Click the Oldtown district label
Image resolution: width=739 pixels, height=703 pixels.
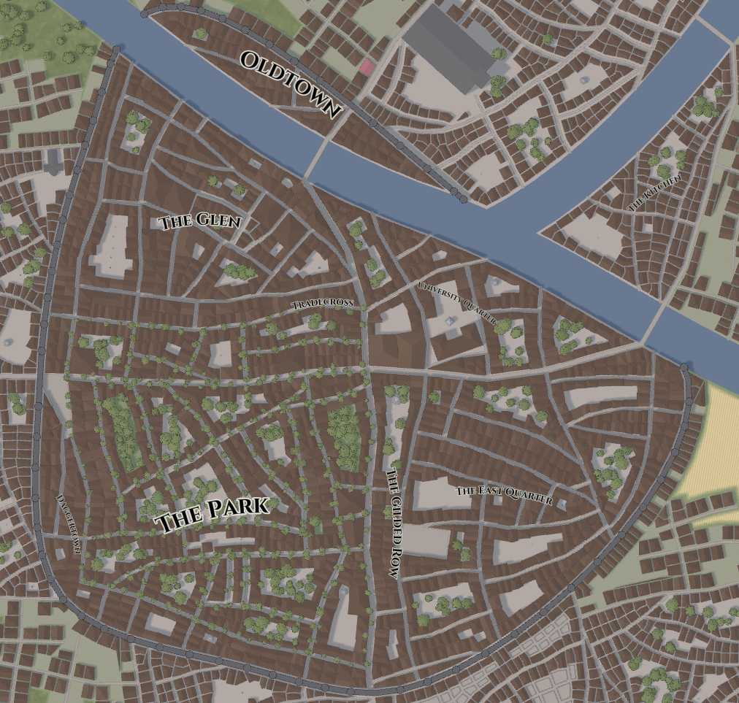(x=291, y=85)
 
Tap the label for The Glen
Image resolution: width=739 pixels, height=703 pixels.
(x=199, y=221)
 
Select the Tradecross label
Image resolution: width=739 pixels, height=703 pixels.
(x=322, y=304)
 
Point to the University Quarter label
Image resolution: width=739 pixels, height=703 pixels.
(x=456, y=303)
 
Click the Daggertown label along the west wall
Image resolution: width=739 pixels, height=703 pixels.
(x=69, y=524)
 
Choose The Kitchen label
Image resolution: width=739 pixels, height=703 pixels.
(x=655, y=193)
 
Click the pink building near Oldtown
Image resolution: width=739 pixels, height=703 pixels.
(x=367, y=67)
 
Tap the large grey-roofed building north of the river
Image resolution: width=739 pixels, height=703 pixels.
(x=453, y=45)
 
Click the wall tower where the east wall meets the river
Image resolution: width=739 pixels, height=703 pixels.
(x=684, y=366)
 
